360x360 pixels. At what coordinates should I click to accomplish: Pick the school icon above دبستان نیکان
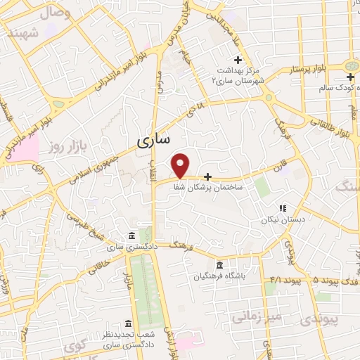click(x=283, y=208)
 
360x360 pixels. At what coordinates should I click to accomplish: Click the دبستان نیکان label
click(x=281, y=219)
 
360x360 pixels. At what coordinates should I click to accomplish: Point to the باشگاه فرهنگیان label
click(x=225, y=276)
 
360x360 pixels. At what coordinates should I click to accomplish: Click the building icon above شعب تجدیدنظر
click(x=127, y=323)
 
